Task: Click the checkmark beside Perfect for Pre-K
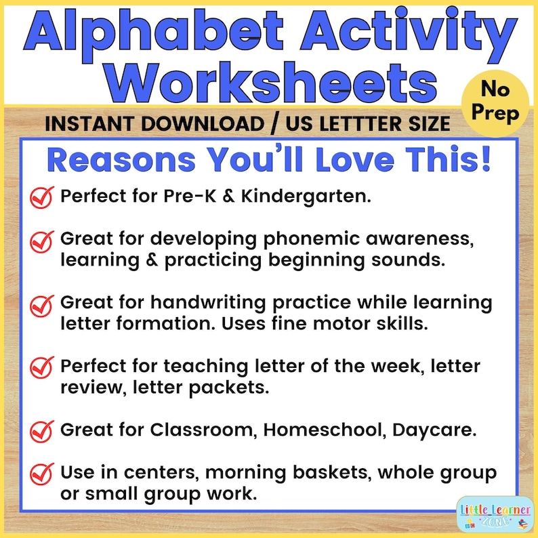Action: (x=42, y=197)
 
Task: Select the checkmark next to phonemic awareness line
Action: (x=42, y=240)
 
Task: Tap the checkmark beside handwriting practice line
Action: (x=42, y=304)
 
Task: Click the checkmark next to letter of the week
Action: (x=42, y=368)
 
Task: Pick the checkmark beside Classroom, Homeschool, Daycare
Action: (x=42, y=430)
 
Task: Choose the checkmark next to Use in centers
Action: (x=42, y=472)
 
